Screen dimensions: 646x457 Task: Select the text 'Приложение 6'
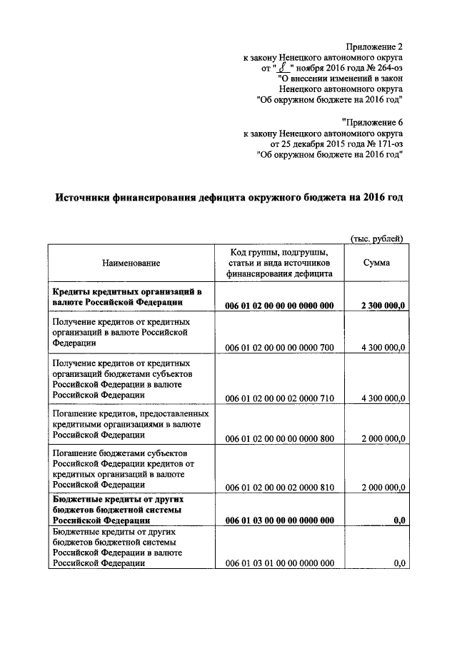pos(373,121)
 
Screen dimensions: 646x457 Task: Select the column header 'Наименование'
pos(131,263)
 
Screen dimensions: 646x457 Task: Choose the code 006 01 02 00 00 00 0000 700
pos(279,348)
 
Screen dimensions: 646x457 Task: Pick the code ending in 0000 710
pos(279,398)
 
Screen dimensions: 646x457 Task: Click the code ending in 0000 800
pos(279,438)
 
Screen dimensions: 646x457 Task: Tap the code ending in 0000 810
pos(279,488)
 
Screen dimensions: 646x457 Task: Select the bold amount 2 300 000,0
pos(383,306)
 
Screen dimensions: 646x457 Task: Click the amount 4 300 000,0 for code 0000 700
pos(383,348)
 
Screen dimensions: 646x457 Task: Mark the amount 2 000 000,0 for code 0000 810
pos(383,488)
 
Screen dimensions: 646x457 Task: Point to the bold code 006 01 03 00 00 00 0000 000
pos(279,520)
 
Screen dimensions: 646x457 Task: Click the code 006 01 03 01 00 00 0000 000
pos(279,563)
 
